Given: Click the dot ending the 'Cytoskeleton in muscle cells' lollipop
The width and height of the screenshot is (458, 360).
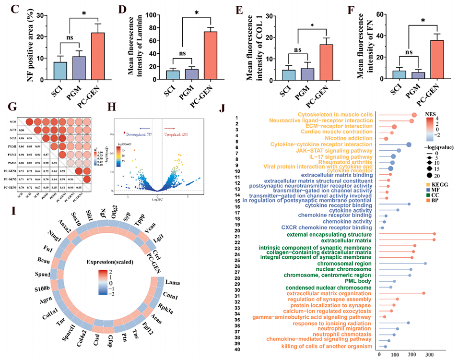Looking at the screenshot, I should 414,115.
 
